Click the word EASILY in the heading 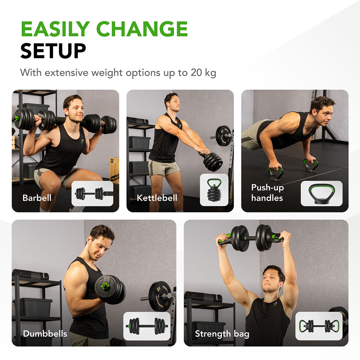coord(55,29)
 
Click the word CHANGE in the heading coord(142,29)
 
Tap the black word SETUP coord(53,51)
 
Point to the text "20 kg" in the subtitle coord(203,73)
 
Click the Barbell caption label coord(37,198)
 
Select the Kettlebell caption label coord(157,198)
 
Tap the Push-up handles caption coord(267,193)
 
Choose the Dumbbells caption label coord(45,334)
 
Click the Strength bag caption coord(222,334)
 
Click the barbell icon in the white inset coord(92,193)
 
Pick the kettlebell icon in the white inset coord(214,190)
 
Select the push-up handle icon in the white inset coord(321,194)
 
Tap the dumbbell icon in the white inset coord(147,326)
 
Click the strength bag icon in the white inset coord(319,326)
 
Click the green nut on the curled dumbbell coord(104,286)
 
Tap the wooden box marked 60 coord(114,170)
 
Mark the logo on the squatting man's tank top coord(82,141)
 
